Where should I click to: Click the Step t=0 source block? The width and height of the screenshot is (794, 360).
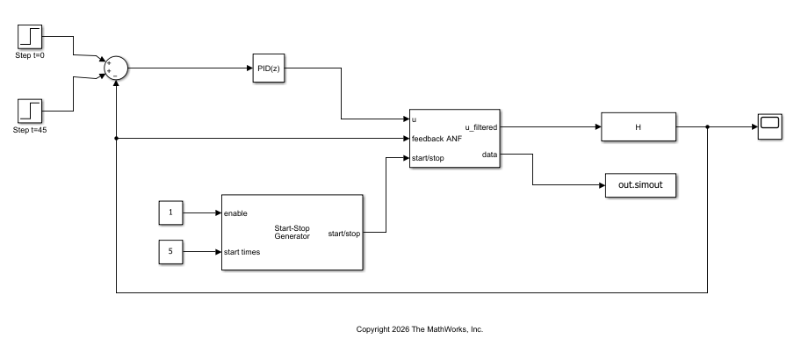[x=31, y=36]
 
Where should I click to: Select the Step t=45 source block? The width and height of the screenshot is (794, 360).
[x=31, y=111]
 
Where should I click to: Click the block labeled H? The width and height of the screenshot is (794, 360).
[x=639, y=127]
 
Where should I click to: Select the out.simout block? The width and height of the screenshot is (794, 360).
[x=641, y=185]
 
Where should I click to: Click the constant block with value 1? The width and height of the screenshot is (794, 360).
[x=170, y=212]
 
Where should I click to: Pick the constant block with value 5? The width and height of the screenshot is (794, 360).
[x=170, y=252]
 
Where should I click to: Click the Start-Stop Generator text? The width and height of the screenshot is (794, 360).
[x=292, y=232]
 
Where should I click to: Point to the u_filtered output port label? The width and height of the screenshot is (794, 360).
[x=480, y=127]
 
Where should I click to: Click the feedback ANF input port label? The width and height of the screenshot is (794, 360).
[x=437, y=139]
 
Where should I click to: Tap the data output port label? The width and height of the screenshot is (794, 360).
[x=489, y=155]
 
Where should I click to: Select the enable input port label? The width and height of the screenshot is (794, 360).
[x=235, y=213]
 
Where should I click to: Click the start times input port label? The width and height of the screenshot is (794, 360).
[x=242, y=252]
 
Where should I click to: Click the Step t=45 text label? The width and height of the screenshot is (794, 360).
[x=31, y=130]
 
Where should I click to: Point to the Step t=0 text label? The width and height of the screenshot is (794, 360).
[x=31, y=55]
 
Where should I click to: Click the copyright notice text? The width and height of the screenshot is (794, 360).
[x=420, y=329]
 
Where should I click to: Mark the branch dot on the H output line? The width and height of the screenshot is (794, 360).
[x=708, y=127]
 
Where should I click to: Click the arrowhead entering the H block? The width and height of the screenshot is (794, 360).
[x=597, y=127]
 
